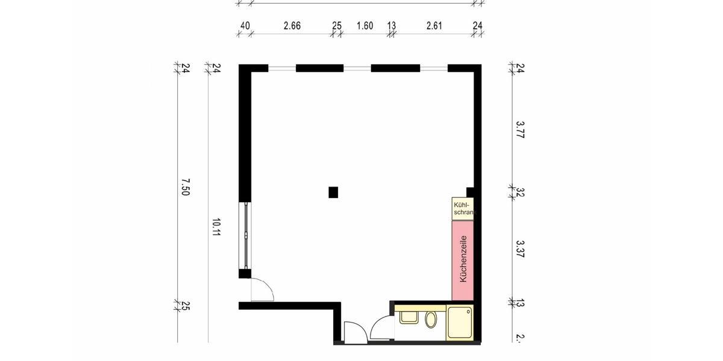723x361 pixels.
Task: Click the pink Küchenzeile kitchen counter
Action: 463,260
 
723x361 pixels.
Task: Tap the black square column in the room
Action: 333,192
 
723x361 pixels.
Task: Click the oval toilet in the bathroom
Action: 431,319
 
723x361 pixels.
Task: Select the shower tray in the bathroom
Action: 460,322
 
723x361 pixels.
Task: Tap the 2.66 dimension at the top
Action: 292,26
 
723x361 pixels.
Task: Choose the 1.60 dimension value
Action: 365,26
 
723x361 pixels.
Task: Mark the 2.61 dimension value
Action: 434,26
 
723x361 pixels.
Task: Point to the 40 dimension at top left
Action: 245,26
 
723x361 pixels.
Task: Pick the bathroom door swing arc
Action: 381,330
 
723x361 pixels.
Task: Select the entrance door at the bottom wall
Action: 354,333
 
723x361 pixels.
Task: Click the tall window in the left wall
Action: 246,235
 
